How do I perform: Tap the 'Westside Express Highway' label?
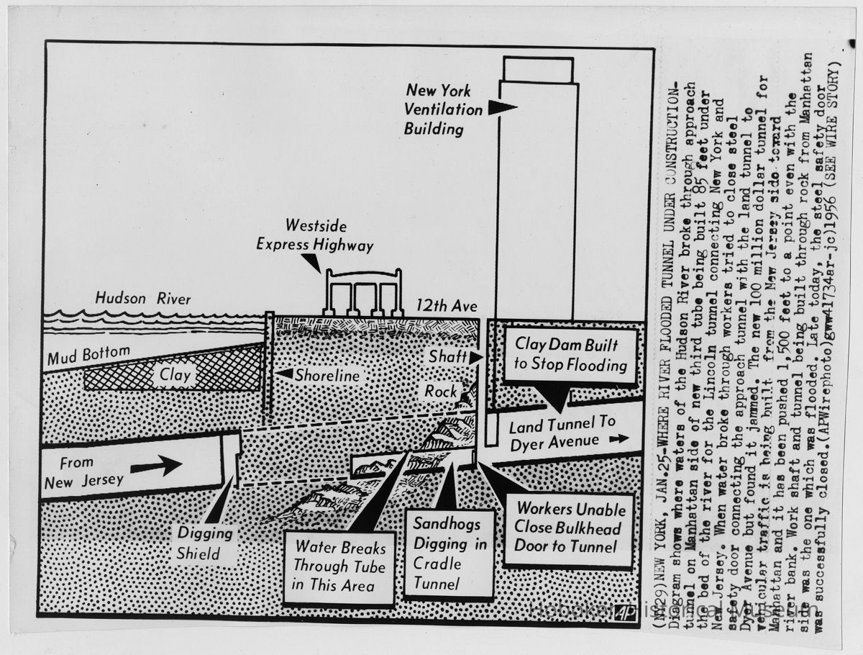315,236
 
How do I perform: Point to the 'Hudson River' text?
143,298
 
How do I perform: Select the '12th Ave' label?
447,306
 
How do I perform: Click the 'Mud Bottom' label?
89,355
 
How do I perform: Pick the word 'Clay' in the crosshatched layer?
175,375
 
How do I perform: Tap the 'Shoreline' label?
327,375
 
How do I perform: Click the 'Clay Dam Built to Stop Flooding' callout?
570,356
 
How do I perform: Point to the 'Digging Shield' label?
206,543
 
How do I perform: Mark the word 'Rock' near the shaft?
441,391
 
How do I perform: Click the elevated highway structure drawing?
363,292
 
